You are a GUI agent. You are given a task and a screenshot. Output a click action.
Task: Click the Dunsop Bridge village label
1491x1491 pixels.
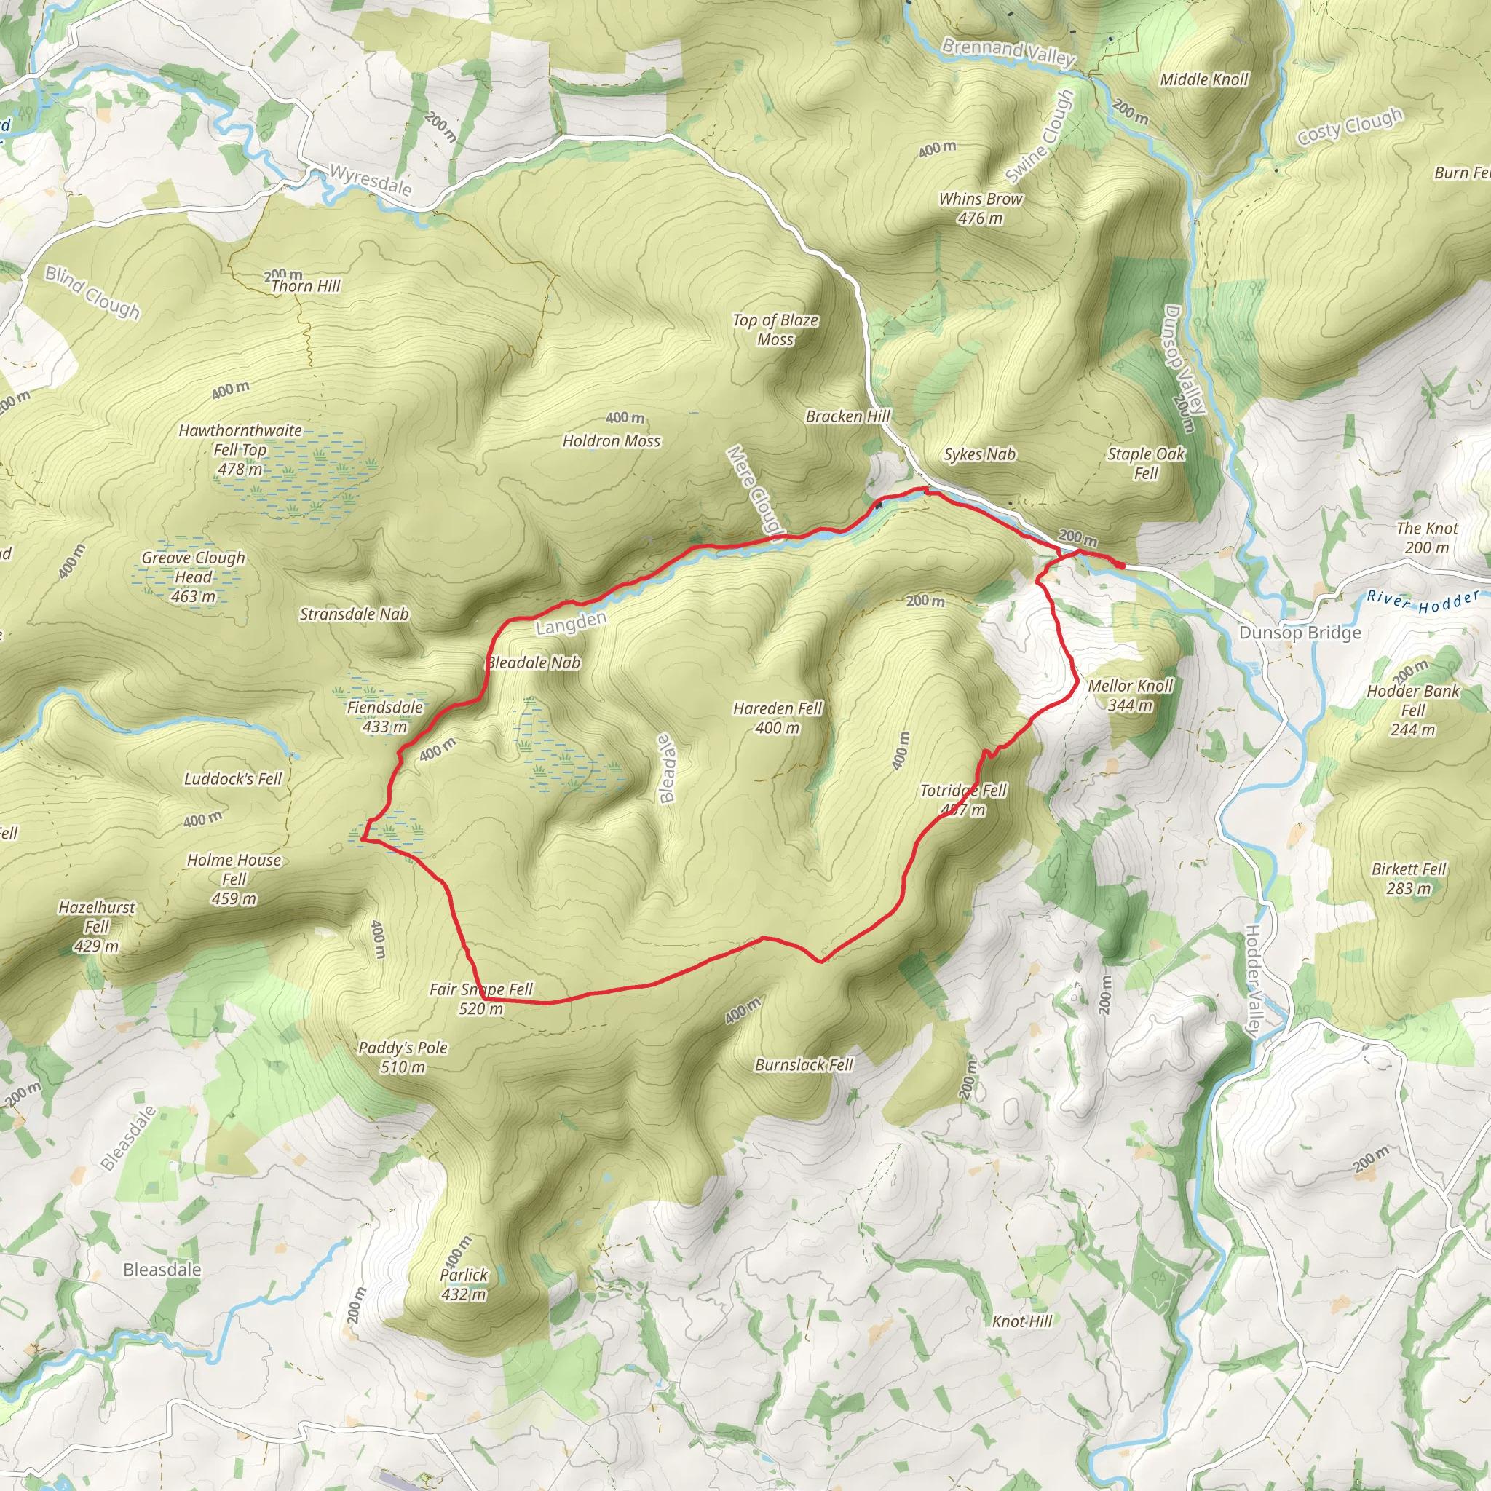click(1300, 633)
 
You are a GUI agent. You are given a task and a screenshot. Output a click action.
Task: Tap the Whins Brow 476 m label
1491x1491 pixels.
click(980, 208)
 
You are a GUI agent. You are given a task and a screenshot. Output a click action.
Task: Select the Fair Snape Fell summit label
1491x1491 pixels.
click(480, 999)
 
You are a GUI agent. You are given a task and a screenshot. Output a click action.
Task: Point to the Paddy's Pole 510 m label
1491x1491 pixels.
click(403, 1057)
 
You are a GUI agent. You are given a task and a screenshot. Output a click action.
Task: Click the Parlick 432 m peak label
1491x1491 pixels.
click(464, 1284)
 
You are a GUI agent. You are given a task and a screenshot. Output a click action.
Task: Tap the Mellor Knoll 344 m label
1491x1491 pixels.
click(1130, 695)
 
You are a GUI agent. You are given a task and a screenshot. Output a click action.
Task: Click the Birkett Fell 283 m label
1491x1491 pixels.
click(1409, 878)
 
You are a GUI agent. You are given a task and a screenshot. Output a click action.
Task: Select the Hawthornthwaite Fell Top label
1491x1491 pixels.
click(240, 449)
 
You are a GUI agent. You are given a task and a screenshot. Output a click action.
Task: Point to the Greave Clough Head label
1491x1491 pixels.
click(193, 577)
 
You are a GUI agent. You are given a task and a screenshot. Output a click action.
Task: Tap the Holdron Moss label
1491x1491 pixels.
click(612, 440)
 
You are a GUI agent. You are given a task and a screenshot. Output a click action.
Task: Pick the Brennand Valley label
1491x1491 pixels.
click(1008, 52)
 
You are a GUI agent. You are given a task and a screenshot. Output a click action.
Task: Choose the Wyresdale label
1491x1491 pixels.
click(371, 180)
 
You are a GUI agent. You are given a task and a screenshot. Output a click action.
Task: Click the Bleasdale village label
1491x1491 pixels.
click(162, 1270)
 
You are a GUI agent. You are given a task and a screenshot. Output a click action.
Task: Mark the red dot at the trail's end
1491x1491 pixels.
click(1120, 566)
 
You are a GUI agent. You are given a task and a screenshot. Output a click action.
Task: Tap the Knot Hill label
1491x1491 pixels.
click(1021, 1321)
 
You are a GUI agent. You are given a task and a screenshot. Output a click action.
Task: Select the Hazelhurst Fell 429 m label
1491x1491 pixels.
click(97, 926)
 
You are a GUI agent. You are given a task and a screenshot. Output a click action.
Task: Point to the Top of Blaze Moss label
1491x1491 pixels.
click(775, 330)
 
